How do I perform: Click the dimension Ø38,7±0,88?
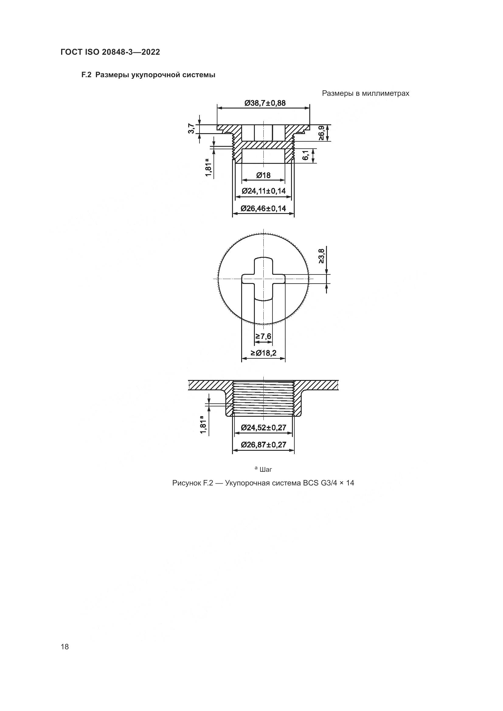point(265,103)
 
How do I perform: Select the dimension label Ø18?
point(263,176)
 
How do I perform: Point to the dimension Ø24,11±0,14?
point(264,191)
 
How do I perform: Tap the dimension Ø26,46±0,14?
point(263,209)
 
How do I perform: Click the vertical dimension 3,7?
point(191,129)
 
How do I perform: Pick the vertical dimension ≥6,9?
point(321,133)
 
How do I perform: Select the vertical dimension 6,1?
point(305,155)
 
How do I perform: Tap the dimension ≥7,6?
point(263,336)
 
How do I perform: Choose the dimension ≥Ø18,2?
point(263,353)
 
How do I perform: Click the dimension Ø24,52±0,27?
point(264,428)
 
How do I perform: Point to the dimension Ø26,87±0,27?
point(264,445)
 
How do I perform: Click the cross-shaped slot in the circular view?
point(263,279)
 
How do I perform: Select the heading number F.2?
point(86,75)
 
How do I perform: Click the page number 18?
point(65,647)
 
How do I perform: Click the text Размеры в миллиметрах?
point(366,94)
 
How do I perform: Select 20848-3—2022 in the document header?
point(131,52)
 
